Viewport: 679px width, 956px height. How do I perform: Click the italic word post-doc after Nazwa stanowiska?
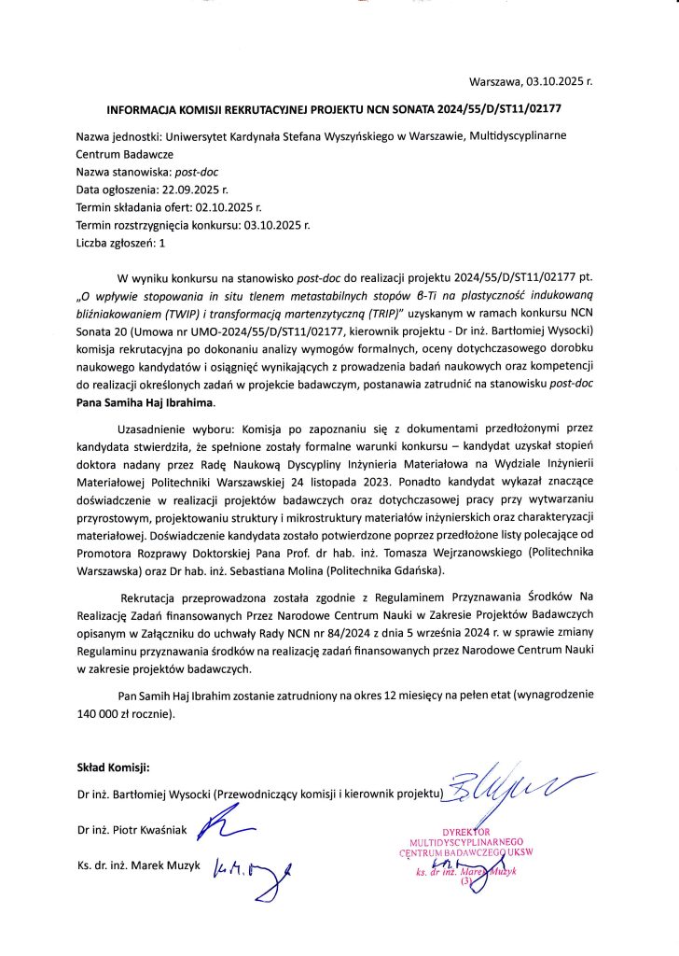201,172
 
